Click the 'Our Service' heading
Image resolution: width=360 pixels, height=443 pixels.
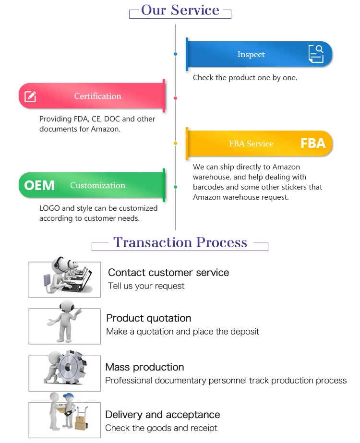click(180, 10)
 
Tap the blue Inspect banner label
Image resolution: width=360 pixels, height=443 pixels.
click(251, 54)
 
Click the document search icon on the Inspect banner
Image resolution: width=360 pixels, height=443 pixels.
click(316, 54)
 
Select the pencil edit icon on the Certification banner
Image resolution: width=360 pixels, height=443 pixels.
click(30, 96)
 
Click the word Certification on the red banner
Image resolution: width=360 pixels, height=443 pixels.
click(97, 96)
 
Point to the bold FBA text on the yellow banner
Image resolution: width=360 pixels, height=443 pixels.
click(313, 143)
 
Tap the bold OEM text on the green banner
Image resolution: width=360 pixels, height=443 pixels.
click(39, 185)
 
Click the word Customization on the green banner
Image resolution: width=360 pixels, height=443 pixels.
click(97, 185)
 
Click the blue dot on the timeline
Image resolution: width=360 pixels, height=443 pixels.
click(176, 54)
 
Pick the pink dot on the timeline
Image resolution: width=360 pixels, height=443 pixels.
click(176, 98)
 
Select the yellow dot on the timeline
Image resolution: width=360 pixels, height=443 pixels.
click(176, 143)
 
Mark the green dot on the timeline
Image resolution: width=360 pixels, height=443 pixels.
click(176, 187)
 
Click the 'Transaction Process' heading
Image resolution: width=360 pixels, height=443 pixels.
click(180, 242)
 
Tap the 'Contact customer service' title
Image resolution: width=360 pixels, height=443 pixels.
click(168, 273)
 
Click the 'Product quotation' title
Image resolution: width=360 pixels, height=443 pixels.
click(149, 318)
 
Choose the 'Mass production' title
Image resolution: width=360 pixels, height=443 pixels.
click(144, 367)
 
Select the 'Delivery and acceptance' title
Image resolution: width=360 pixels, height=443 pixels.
click(163, 415)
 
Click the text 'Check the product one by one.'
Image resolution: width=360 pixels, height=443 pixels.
click(245, 77)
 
